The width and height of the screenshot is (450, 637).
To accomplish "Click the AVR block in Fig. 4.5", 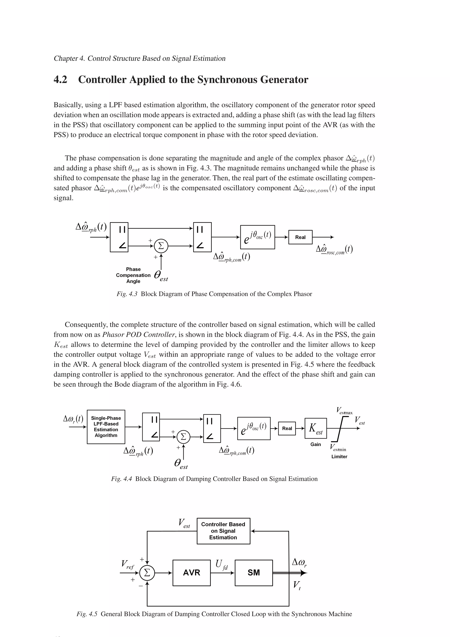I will [191, 573].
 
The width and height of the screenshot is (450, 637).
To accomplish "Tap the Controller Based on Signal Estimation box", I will [223, 531].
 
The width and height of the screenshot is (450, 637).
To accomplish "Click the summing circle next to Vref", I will [147, 573].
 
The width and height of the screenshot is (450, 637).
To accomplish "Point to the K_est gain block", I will [316, 428].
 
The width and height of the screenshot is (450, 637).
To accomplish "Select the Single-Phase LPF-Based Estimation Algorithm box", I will [106, 427].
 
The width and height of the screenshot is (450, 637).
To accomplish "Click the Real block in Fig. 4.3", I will [300, 237].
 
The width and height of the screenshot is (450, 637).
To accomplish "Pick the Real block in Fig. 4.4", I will [287, 428].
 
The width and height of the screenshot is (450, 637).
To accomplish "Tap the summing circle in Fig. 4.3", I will [161, 246].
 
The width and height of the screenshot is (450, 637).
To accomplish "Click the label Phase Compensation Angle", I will [133, 275].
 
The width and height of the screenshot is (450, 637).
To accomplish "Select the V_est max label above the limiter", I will [344, 411].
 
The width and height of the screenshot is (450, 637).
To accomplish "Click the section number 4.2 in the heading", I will [60, 80].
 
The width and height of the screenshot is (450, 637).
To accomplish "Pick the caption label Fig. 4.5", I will [87, 614].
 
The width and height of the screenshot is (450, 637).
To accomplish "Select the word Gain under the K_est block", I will [316, 444].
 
